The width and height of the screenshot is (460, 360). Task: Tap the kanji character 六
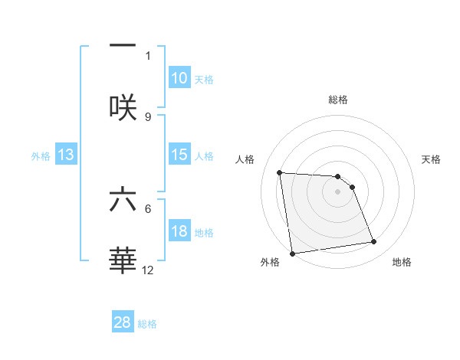pos(123,200)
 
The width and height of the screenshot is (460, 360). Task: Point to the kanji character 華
pos(123,261)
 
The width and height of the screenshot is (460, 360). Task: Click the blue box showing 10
pos(179,78)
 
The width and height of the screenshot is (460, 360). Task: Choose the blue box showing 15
pos(179,155)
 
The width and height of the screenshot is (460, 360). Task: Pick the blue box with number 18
pos(179,231)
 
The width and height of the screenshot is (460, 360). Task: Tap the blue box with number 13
pos(66,155)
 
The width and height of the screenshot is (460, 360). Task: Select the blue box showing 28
pos(123,322)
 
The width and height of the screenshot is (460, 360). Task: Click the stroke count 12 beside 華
pos(148,270)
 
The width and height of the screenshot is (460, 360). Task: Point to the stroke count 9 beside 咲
pos(148,116)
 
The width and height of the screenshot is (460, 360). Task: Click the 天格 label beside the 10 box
pos(203,80)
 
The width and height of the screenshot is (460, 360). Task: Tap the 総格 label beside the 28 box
pos(147,324)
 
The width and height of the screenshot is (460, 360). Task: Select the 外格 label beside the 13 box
pos(41,156)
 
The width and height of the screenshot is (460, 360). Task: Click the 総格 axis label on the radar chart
pos(338,100)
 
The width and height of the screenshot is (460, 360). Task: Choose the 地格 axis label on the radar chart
pos(402,262)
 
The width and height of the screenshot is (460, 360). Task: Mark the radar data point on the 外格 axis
pos(292,254)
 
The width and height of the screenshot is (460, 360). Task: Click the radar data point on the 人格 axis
pos(280,172)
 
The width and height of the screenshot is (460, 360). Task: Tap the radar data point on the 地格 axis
pos(374,242)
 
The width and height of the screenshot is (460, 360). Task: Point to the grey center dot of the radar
pos(338,191)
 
